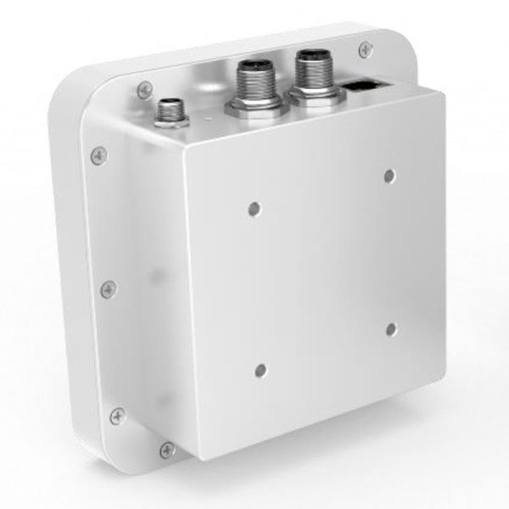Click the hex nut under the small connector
pyautogui.click(x=172, y=121)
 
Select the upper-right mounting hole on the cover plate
pyautogui.click(x=389, y=176)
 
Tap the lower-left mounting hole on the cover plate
pyautogui.click(x=260, y=370)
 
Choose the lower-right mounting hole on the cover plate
pyautogui.click(x=391, y=328)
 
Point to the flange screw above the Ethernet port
pyautogui.click(x=365, y=49)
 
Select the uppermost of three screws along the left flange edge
pyautogui.click(x=99, y=155)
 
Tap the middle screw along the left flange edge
pyautogui.click(x=109, y=289)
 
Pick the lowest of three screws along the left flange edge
pyautogui.click(x=117, y=416)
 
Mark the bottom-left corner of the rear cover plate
pyautogui.click(x=202, y=459)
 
